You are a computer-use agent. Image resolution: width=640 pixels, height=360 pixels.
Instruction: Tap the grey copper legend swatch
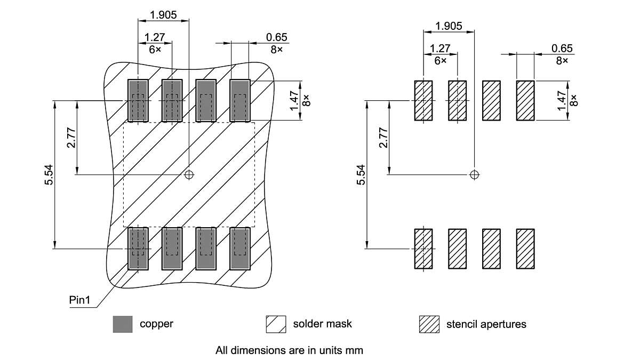122,324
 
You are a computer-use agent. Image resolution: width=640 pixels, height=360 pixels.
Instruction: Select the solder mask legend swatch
276,324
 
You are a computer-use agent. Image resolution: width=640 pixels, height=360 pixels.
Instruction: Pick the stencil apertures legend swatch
429,324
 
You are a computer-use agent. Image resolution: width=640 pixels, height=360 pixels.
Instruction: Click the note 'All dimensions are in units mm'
289,350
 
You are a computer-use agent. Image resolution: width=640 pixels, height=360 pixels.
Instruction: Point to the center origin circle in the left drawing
189,174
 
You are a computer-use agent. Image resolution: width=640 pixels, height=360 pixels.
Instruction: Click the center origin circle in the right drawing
474,174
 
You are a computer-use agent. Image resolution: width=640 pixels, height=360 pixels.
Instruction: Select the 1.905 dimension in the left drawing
163,15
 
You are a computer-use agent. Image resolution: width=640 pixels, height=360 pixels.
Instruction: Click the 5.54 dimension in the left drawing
49,174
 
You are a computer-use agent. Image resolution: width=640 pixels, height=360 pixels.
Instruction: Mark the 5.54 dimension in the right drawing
361,174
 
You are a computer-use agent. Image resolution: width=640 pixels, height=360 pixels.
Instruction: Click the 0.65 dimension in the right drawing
562,49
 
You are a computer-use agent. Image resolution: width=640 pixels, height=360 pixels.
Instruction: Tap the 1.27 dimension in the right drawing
440,49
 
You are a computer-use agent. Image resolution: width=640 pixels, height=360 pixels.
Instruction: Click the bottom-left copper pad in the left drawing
138,249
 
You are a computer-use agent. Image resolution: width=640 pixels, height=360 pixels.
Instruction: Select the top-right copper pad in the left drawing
240,100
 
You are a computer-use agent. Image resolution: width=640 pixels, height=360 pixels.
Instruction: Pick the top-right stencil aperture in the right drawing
525,100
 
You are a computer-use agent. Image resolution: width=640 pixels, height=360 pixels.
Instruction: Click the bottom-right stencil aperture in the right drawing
525,249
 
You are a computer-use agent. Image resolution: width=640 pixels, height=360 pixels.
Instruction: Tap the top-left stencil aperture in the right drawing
423,100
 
